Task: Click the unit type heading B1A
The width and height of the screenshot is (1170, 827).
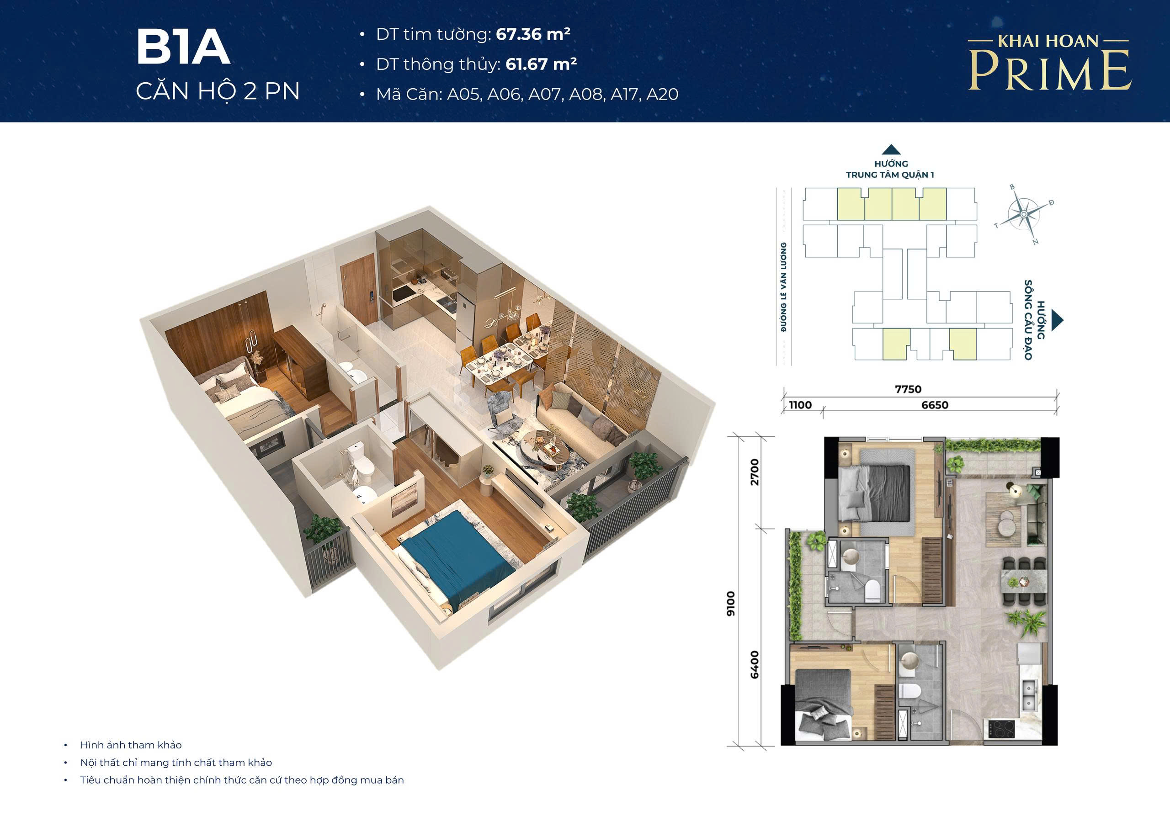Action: pyautogui.click(x=183, y=48)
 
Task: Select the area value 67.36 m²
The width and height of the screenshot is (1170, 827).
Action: pyautogui.click(x=533, y=34)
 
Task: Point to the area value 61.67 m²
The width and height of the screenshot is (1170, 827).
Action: pyautogui.click(x=541, y=64)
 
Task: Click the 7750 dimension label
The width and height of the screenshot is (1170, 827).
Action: pyautogui.click(x=908, y=389)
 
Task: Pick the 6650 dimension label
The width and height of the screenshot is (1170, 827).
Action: pyautogui.click(x=935, y=405)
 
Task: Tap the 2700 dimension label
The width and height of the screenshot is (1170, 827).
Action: pyautogui.click(x=755, y=472)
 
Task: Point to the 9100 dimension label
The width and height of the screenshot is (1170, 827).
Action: pyautogui.click(x=731, y=604)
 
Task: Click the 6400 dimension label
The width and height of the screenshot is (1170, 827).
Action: pyautogui.click(x=755, y=664)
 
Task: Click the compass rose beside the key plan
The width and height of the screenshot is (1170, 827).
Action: pyautogui.click(x=1024, y=215)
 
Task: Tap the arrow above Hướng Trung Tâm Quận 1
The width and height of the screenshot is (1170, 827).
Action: pyautogui.click(x=891, y=149)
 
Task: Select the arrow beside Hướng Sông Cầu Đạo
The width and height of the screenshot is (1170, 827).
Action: pyautogui.click(x=1058, y=319)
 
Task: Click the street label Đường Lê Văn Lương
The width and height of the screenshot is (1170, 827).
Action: pyautogui.click(x=784, y=287)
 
